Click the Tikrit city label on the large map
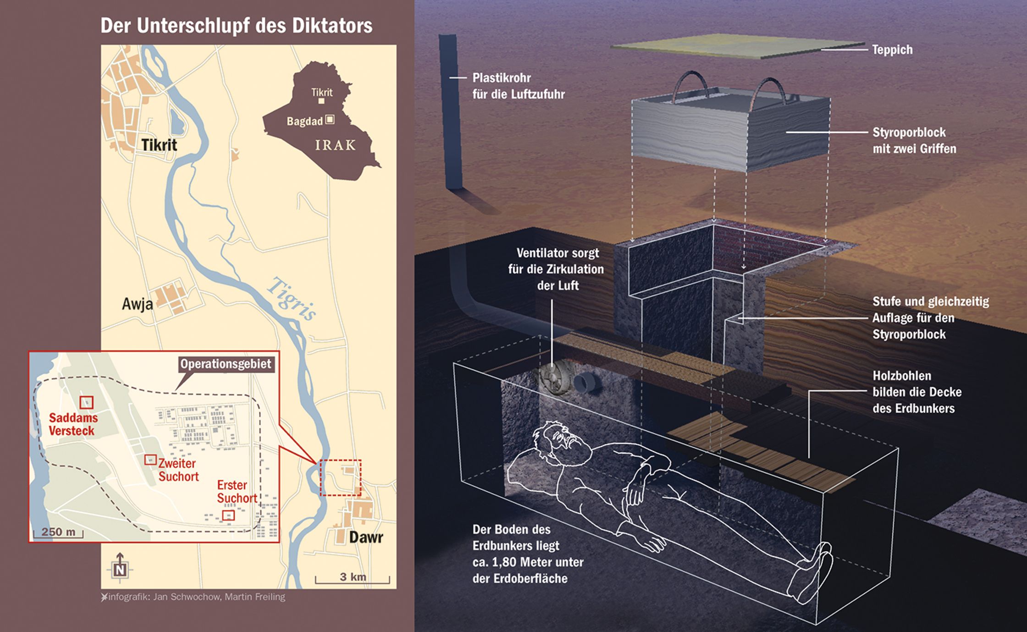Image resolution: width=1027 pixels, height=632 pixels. click(159, 145)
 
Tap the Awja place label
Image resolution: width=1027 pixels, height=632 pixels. click(137, 304)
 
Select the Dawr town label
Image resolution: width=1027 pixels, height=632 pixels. click(366, 537)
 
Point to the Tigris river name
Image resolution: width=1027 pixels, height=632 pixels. click(292, 299)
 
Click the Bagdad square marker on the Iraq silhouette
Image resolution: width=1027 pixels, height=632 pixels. click(330, 120)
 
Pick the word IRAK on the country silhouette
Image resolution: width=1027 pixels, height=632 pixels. click(335, 145)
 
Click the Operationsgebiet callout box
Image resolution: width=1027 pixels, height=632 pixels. click(226, 364)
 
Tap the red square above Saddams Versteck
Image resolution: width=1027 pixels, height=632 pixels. click(86, 402)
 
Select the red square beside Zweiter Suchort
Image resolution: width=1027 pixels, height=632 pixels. click(150, 459)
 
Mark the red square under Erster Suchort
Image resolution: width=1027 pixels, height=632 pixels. click(228, 515)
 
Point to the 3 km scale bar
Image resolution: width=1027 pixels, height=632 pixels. click(352, 578)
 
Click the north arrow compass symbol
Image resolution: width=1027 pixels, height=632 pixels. click(120, 568)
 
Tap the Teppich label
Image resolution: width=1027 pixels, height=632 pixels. click(892, 50)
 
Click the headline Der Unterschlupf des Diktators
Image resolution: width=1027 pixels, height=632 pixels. click(236, 26)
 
